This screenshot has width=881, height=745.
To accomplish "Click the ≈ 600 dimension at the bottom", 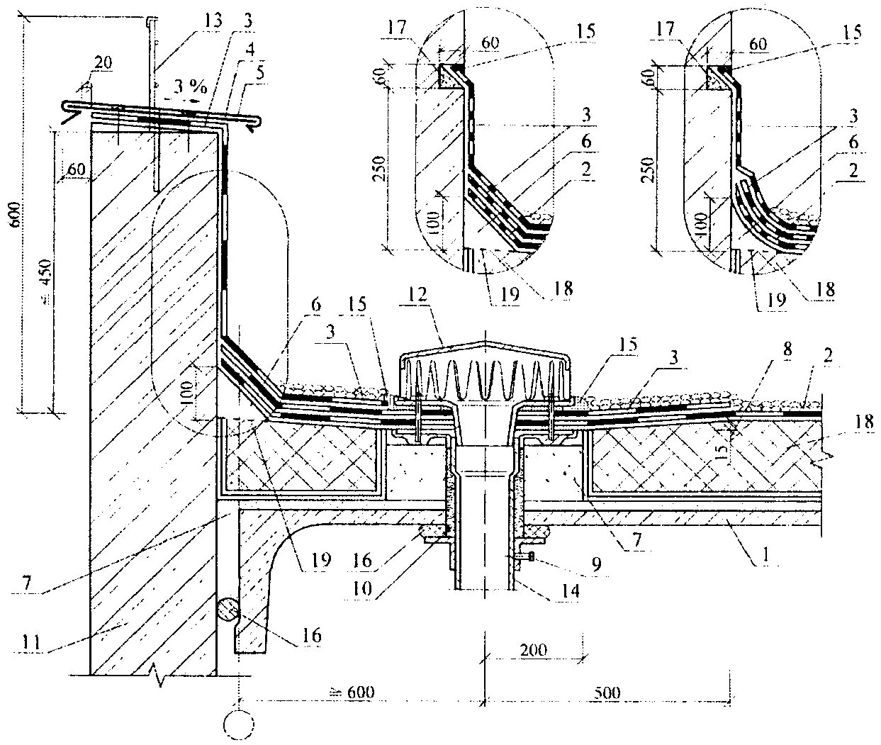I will pyautogui.click(x=350, y=692).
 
